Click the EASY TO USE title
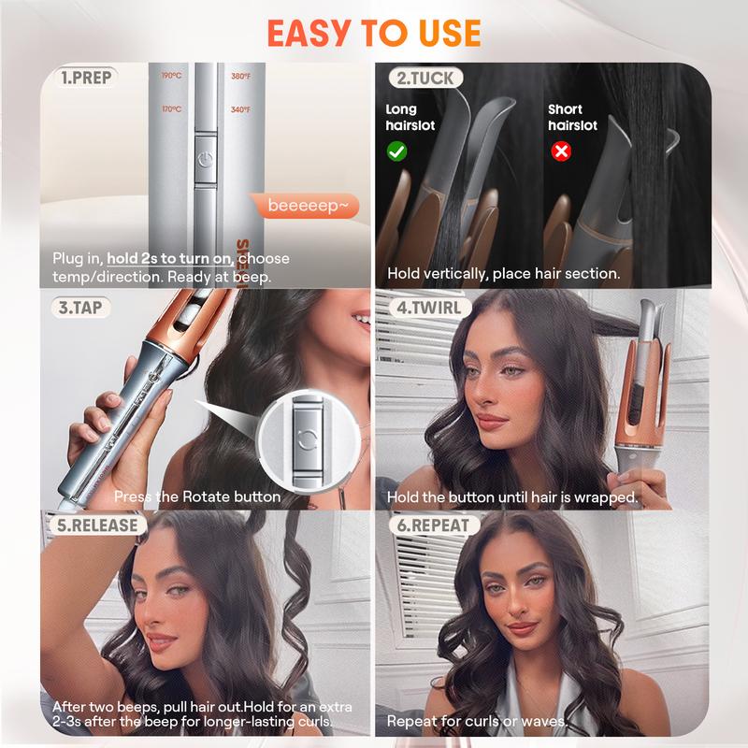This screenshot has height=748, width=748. click(x=374, y=33)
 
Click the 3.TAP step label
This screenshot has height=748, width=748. click(x=76, y=306)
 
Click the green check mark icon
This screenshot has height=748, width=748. click(x=396, y=151)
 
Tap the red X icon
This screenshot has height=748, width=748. click(x=561, y=151)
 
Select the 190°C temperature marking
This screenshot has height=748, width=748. click(x=170, y=76)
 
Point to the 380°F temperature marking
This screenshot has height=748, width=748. click(x=240, y=76)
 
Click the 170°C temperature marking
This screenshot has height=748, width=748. click(x=170, y=109)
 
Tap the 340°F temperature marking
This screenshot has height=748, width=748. click(x=240, y=109)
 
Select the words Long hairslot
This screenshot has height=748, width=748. click(x=410, y=117)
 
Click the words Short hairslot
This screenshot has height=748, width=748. click(x=571, y=117)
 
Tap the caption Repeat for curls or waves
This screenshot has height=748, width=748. click(x=477, y=721)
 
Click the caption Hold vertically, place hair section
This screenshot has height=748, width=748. click(x=503, y=274)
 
